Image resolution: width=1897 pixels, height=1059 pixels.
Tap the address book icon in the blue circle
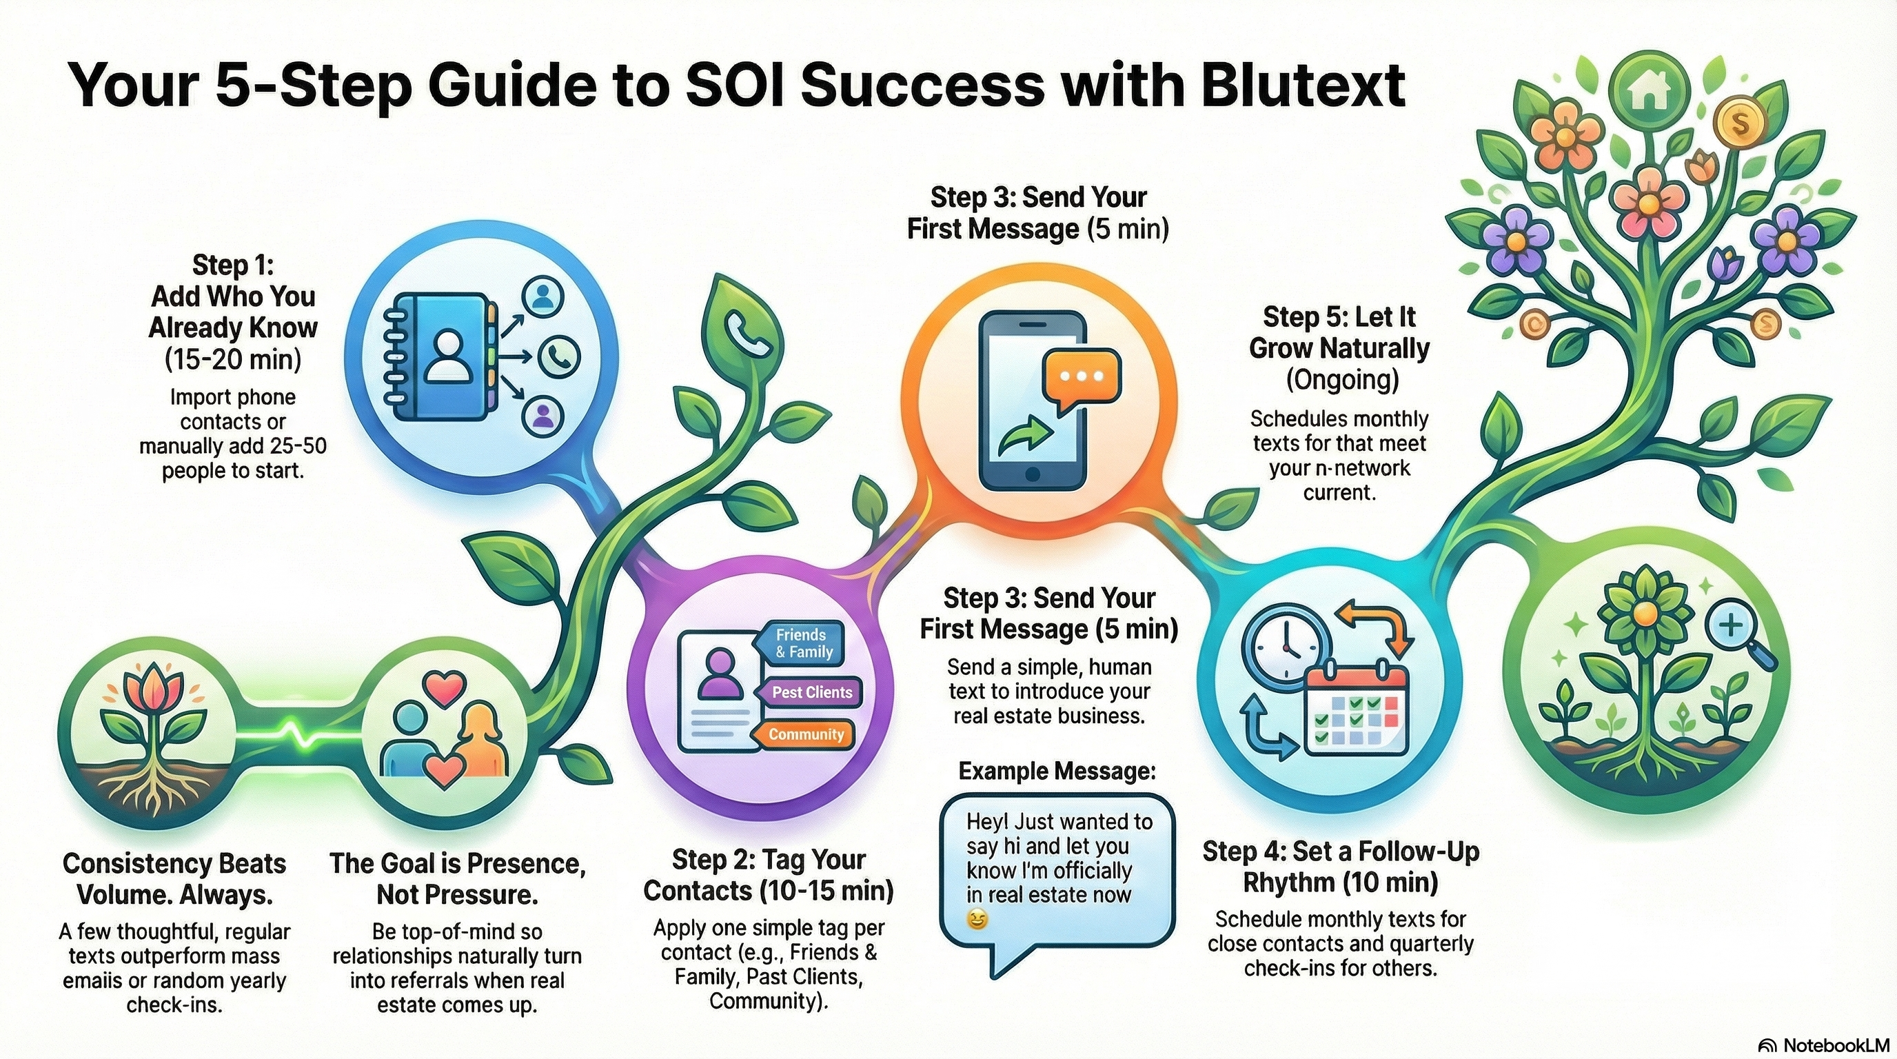click(440, 358)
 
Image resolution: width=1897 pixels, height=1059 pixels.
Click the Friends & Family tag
click(802, 643)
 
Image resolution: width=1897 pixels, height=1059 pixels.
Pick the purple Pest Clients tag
click(811, 692)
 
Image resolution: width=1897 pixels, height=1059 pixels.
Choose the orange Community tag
click(805, 734)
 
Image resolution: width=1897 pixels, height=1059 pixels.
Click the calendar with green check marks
click(1356, 710)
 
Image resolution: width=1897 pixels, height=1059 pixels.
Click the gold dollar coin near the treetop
click(1739, 123)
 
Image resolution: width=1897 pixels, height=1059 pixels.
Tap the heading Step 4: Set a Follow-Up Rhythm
click(1340, 867)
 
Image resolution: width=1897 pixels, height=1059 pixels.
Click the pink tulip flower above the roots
click(153, 693)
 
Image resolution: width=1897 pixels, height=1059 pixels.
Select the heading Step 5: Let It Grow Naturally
click(1339, 332)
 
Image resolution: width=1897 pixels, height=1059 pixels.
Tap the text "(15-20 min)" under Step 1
click(234, 360)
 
